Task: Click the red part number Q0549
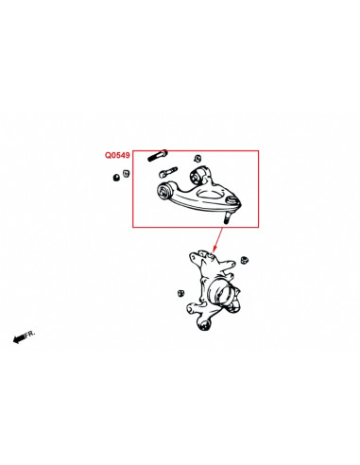(117, 155)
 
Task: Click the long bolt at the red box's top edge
(158, 155)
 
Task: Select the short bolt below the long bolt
(168, 172)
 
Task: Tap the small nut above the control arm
(197, 159)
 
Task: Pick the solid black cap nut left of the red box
(116, 177)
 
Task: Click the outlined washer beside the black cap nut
(126, 174)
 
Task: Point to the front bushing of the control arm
(163, 191)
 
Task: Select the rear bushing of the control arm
(199, 176)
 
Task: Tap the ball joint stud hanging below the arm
(227, 218)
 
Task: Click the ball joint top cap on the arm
(232, 200)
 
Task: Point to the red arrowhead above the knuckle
(214, 249)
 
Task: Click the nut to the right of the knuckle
(244, 260)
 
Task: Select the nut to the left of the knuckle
(180, 293)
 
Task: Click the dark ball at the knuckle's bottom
(205, 324)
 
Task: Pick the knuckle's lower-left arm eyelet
(191, 308)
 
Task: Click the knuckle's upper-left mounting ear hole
(193, 258)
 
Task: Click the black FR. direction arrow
(19, 338)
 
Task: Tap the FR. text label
(30, 334)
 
